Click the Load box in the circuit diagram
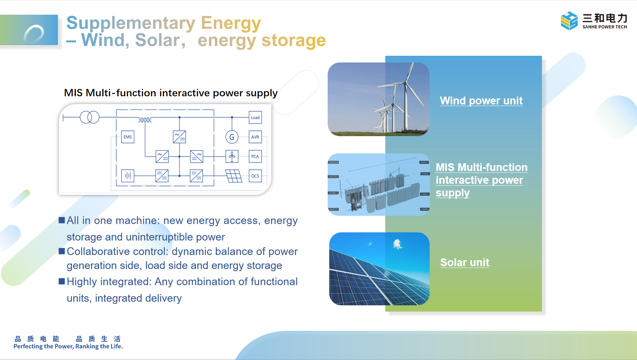click(x=255, y=117)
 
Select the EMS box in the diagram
click(x=128, y=137)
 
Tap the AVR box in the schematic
click(x=255, y=137)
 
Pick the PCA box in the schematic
click(x=255, y=156)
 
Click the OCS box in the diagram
click(x=255, y=176)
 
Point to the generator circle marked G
click(x=232, y=137)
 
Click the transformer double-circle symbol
click(x=90, y=117)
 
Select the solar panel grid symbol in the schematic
click(x=234, y=176)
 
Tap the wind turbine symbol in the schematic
click(x=232, y=156)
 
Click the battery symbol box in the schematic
click(x=128, y=176)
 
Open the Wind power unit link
click(x=481, y=101)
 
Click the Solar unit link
click(x=465, y=262)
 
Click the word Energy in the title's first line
click(x=231, y=23)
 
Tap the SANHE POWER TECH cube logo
click(x=569, y=21)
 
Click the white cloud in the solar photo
click(x=397, y=244)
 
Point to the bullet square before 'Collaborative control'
click(x=62, y=251)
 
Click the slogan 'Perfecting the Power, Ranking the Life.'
click(x=68, y=346)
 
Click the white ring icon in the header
click(x=34, y=34)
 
